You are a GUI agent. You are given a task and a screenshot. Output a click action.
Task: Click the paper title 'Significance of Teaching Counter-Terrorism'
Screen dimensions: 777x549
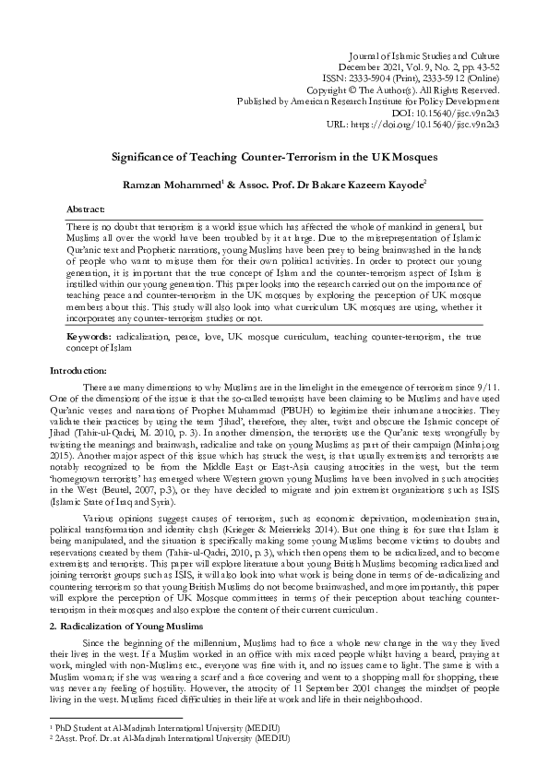click(274, 158)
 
